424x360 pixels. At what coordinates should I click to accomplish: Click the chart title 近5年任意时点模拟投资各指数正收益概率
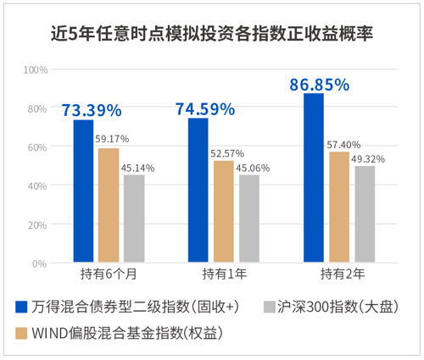[x=212, y=35]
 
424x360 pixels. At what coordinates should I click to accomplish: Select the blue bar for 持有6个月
[x=83, y=191]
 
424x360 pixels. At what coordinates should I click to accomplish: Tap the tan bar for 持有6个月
[x=109, y=206]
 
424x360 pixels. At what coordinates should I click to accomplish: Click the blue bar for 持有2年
[x=314, y=178]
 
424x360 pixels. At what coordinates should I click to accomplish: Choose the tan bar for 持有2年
[x=338, y=207]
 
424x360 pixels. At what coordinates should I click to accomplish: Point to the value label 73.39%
[x=91, y=110]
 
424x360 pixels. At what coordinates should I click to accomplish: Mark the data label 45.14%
[x=137, y=168]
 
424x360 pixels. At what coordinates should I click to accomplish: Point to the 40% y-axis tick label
[x=37, y=186]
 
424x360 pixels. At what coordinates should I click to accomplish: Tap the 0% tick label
[x=40, y=263]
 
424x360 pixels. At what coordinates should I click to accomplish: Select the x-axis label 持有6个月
[x=109, y=274]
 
